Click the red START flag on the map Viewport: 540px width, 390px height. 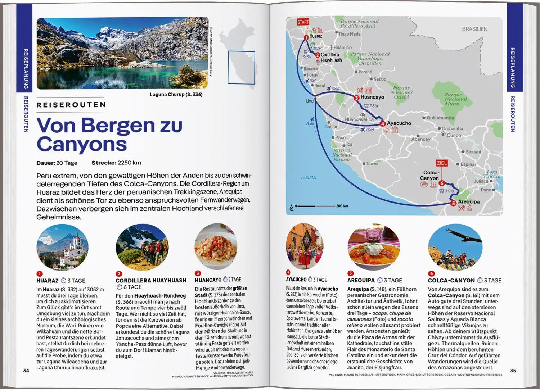click(x=303, y=22)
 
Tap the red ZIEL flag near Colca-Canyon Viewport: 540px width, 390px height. click(x=442, y=163)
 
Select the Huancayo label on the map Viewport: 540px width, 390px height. click(x=372, y=97)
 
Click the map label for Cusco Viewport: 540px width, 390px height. click(x=454, y=135)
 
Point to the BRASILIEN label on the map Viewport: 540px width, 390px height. click(x=474, y=29)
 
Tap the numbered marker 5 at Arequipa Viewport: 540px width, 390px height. click(x=453, y=203)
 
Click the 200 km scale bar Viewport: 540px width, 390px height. click(x=317, y=206)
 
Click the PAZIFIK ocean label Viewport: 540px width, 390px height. click(x=309, y=177)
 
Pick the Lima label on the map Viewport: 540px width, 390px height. click(x=310, y=101)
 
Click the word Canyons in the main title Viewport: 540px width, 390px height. click(x=82, y=144)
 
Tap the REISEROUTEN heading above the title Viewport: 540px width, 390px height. click(x=71, y=105)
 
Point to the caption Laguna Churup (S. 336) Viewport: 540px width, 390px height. click(x=176, y=95)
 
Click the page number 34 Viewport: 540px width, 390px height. click(x=26, y=371)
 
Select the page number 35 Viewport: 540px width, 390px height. click(x=513, y=371)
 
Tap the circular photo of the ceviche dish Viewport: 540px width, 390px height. click(x=216, y=247)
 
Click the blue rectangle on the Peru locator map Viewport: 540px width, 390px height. click(x=242, y=68)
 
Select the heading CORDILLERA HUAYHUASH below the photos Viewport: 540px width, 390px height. click(x=151, y=280)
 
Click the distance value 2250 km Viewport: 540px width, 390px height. click(x=129, y=163)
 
